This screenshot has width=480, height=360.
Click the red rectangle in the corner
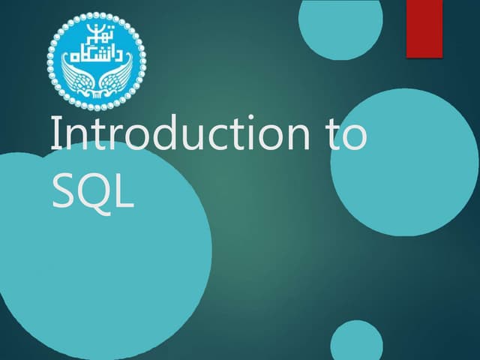point(424,28)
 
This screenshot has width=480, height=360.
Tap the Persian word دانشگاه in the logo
point(97,55)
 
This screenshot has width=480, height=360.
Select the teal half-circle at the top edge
point(340,18)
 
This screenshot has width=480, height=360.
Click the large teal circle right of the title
point(405,162)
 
